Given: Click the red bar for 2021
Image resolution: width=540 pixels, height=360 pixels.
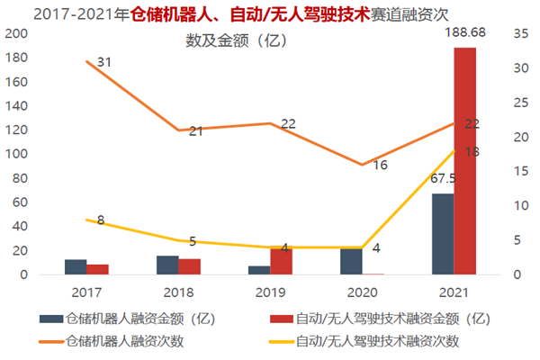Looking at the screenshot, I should click(x=465, y=162).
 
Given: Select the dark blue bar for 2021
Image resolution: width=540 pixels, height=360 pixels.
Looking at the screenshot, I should click(x=443, y=234).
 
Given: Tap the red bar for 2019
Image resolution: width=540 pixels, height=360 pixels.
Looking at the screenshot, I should click(x=281, y=260).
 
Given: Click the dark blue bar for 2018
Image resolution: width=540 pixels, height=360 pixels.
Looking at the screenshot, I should click(x=167, y=265).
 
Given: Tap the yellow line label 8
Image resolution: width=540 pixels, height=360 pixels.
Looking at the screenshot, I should click(x=100, y=220).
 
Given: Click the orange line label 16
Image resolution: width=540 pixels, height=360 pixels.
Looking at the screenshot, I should click(x=380, y=166).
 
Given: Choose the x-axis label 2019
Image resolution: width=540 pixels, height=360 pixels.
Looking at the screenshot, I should click(x=271, y=292).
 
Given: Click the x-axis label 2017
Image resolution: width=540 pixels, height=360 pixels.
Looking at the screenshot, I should click(x=86, y=292).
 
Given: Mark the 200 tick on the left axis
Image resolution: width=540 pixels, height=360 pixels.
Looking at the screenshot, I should click(x=15, y=34).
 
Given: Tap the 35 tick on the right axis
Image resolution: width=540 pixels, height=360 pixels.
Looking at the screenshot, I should click(x=519, y=34).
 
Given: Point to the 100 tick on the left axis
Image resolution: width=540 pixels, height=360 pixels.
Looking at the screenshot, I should click(x=15, y=154).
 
